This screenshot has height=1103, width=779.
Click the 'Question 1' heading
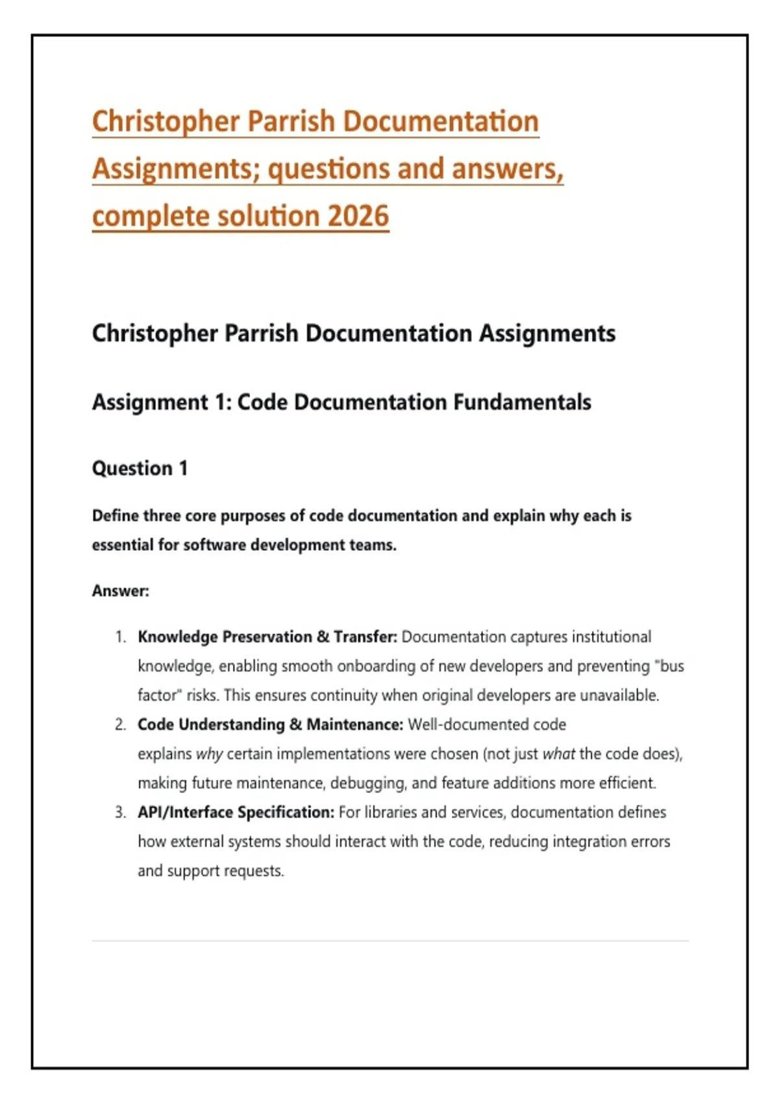click(x=140, y=468)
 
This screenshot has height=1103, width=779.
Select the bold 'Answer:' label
click(x=121, y=591)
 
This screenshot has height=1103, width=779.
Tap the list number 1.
click(x=120, y=637)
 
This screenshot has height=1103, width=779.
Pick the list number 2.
click(x=120, y=725)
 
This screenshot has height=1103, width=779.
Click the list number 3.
click(x=120, y=812)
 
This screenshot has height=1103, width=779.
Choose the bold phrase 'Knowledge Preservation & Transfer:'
click(x=267, y=637)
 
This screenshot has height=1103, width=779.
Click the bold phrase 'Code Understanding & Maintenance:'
click(x=270, y=725)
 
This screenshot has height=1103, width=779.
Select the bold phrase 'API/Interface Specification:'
click(x=236, y=812)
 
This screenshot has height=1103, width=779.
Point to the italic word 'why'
click(x=209, y=754)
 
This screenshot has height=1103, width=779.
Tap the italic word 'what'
click(x=558, y=754)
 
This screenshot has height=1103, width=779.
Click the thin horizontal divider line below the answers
click(x=389, y=941)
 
